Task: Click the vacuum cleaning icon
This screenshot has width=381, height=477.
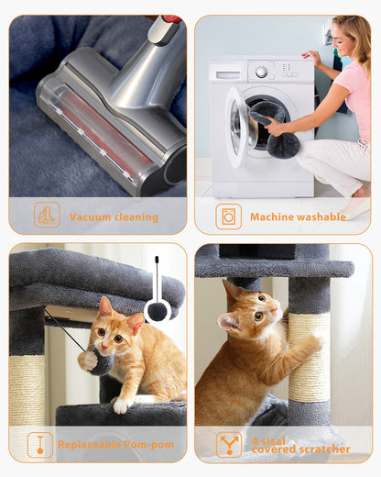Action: pyautogui.click(x=47, y=216)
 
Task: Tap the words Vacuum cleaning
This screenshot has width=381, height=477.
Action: pyautogui.click(x=114, y=217)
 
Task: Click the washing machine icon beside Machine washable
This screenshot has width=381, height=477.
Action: pyautogui.click(x=228, y=216)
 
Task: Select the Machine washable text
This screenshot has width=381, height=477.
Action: pyautogui.click(x=298, y=217)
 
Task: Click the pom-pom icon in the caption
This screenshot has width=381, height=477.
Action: pyautogui.click(x=40, y=445)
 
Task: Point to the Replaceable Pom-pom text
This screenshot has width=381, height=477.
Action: pyautogui.click(x=115, y=445)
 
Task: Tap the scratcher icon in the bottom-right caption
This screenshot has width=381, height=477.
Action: pyautogui.click(x=229, y=444)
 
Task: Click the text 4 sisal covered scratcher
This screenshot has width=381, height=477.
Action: pyautogui.click(x=300, y=445)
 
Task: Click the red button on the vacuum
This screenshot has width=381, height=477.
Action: pyautogui.click(x=170, y=18)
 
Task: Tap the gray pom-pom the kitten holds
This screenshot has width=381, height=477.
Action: pyautogui.click(x=95, y=361)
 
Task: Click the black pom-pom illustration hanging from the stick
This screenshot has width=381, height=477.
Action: pyautogui.click(x=158, y=311)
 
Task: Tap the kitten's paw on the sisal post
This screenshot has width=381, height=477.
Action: pyautogui.click(x=311, y=343)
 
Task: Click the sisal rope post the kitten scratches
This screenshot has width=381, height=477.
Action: pyautogui.click(x=310, y=367)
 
